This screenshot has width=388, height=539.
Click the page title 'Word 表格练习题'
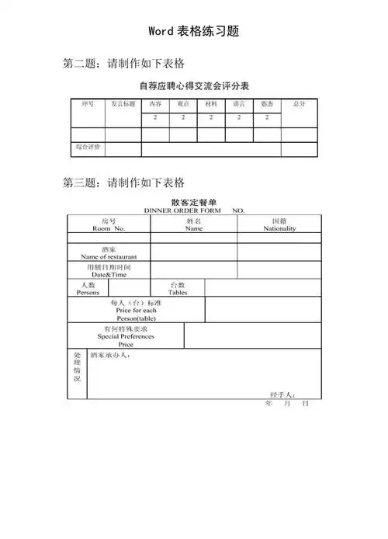pos(193,32)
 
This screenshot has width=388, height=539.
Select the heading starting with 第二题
pos(123,63)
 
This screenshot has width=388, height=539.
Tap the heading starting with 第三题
pos(123,183)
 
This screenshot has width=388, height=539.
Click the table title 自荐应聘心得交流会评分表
pos(193,85)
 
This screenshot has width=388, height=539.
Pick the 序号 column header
pos(88,103)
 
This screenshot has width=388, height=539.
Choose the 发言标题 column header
pos(123,103)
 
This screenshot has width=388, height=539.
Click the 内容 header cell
pos(155,103)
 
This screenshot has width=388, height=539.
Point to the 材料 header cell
pos(211,103)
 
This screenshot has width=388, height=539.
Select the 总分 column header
pos(299,103)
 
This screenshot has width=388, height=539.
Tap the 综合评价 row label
pos(88,147)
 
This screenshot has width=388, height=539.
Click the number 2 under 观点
pos(183,117)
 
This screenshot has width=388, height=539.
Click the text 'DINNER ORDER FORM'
pos(182,210)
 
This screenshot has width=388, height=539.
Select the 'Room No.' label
pos(109,229)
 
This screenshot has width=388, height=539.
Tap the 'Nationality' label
pos(279,229)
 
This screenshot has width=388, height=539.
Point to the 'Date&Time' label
pos(109,275)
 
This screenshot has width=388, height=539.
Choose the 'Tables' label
pos(177,293)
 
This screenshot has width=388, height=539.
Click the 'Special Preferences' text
pos(125,336)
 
